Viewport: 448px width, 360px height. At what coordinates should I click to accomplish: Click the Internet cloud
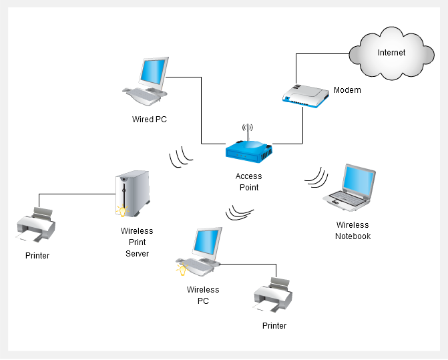tap(391, 53)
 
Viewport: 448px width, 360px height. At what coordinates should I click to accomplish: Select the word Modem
tap(347, 90)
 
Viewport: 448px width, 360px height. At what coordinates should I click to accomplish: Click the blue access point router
tap(248, 150)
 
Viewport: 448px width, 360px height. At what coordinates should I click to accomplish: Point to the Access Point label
tap(248, 182)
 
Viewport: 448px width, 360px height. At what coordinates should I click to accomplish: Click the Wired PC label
tap(149, 120)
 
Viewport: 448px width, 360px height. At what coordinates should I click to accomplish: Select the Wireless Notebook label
tap(353, 230)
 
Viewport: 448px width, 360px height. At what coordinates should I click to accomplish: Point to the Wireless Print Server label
tap(137, 242)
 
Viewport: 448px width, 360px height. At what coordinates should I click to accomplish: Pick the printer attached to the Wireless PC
tap(272, 295)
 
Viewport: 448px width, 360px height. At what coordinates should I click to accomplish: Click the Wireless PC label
tap(203, 295)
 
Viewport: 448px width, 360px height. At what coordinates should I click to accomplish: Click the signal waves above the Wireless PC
tap(239, 212)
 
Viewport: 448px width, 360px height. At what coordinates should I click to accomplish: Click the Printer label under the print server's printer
tap(37, 256)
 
